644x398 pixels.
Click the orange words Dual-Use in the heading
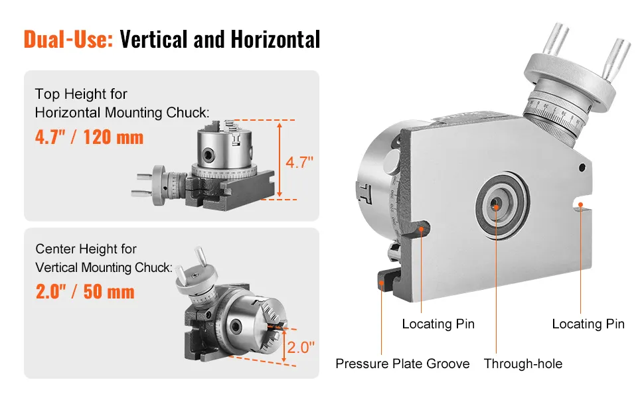pyautogui.click(x=68, y=39)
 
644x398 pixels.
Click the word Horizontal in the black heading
pyautogui.click(x=275, y=39)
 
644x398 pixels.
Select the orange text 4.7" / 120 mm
pyautogui.click(x=89, y=137)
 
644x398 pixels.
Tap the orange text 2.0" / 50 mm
pyautogui.click(x=85, y=292)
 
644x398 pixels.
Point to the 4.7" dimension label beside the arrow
pyautogui.click(x=299, y=163)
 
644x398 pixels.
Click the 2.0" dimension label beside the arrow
pyautogui.click(x=301, y=348)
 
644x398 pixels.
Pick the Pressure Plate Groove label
pyautogui.click(x=402, y=364)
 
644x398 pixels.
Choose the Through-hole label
pyautogui.click(x=523, y=364)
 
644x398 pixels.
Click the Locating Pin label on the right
pyautogui.click(x=588, y=324)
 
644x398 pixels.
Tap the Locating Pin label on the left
pyautogui.click(x=438, y=324)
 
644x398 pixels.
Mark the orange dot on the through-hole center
pyautogui.click(x=496, y=208)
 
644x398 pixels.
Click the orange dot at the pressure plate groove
pyautogui.click(x=382, y=283)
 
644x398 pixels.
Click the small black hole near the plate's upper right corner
pyautogui.click(x=582, y=167)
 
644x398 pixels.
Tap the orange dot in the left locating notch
pyautogui.click(x=422, y=230)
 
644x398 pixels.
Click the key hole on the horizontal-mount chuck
pyautogui.click(x=208, y=155)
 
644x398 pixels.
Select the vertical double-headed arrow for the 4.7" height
pyautogui.click(x=280, y=160)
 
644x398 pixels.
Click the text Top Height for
pyautogui.click(x=81, y=94)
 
